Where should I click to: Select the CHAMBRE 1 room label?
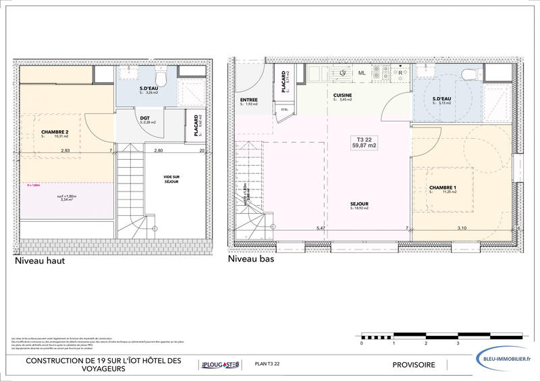[x=443, y=188]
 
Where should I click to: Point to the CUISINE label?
[x=343, y=96]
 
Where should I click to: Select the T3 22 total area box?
[x=364, y=142]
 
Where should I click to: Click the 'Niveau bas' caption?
[x=251, y=258]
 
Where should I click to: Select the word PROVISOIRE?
[x=414, y=365]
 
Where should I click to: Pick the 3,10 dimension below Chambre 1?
[x=462, y=229]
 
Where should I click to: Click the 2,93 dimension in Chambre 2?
[x=65, y=150]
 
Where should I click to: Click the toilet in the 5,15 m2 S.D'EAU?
[x=468, y=75]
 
